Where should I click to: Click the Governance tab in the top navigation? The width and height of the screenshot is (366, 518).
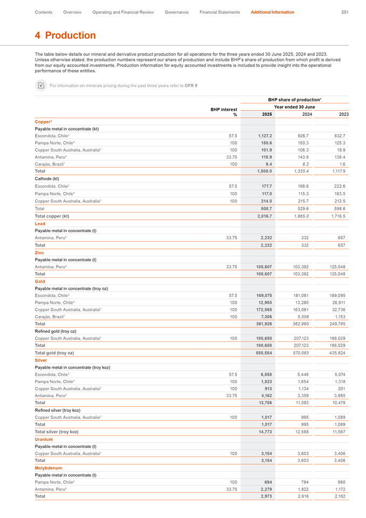coord(176,12)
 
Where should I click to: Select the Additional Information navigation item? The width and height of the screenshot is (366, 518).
coord(272,12)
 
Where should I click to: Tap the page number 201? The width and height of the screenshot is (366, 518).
coord(345,12)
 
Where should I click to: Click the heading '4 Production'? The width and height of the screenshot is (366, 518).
coord(65,36)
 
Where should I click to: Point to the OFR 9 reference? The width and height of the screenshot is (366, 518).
coord(191,85)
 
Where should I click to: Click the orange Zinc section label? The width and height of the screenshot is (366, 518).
coord(40,252)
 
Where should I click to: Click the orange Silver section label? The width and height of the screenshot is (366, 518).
coord(41,360)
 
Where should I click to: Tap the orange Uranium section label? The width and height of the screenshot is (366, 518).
coord(44,439)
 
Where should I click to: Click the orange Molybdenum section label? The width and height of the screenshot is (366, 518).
coord(49,468)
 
